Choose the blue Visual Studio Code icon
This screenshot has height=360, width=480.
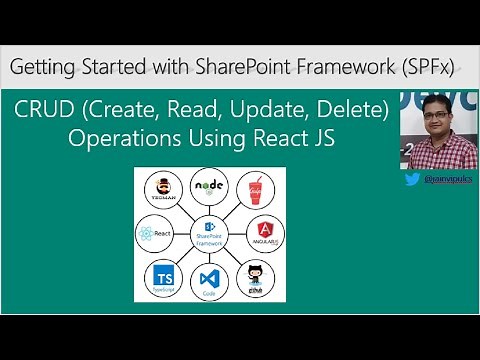tap(209, 282)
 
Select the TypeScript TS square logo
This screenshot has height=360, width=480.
tap(161, 277)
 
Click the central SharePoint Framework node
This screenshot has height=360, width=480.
tap(210, 232)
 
